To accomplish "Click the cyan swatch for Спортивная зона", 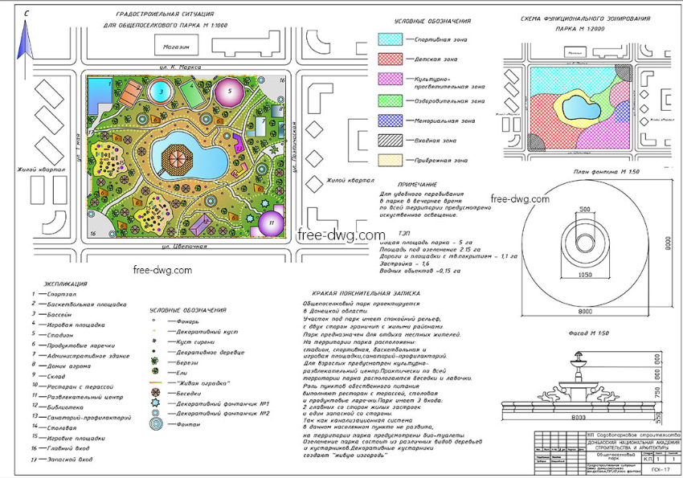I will click(x=390, y=39).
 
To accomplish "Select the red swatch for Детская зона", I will click(x=390, y=59).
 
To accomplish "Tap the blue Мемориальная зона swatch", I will click(x=390, y=121).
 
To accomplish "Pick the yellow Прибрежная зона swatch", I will click(x=390, y=160).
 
